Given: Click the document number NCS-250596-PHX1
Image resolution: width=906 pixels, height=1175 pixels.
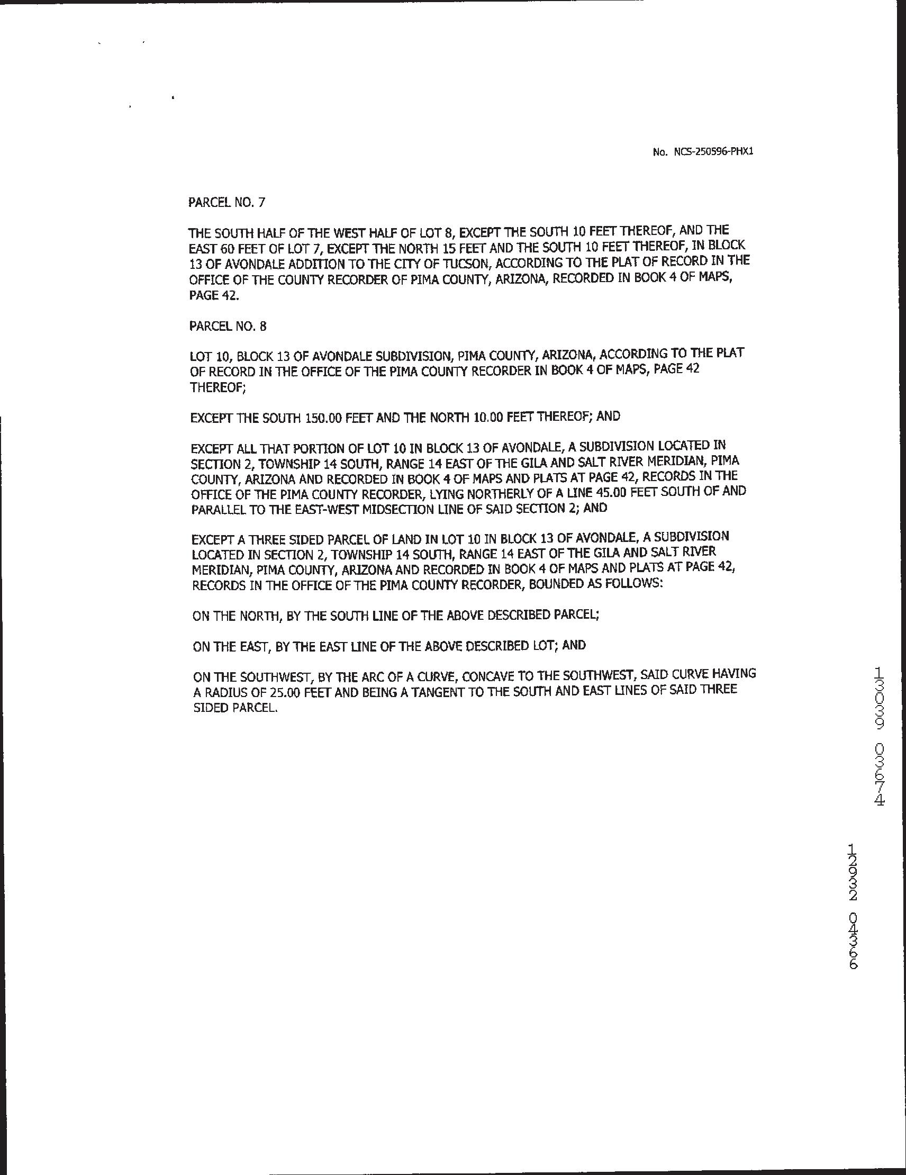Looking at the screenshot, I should point(713,152).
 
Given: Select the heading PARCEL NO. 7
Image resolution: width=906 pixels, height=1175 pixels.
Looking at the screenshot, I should point(226,202).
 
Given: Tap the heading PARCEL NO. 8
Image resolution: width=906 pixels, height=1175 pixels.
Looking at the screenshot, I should point(228,327).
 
